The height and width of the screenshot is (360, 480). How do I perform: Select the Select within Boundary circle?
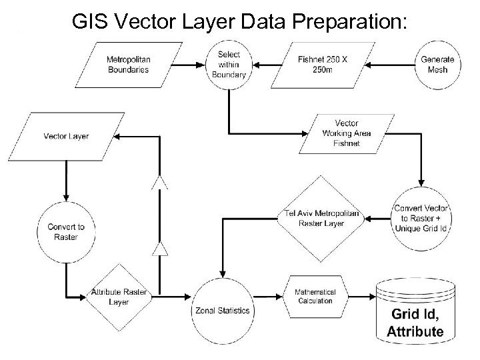(x=229, y=65)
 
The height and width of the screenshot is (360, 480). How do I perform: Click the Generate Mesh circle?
(x=437, y=65)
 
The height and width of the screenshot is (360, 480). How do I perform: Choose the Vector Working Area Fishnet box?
(x=346, y=133)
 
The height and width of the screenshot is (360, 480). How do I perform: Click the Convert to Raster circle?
(x=66, y=232)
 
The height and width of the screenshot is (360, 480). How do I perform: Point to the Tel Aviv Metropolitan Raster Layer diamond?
(x=322, y=219)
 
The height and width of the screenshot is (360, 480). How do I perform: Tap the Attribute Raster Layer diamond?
(x=119, y=298)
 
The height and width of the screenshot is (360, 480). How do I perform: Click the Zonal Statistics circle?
(x=223, y=311)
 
